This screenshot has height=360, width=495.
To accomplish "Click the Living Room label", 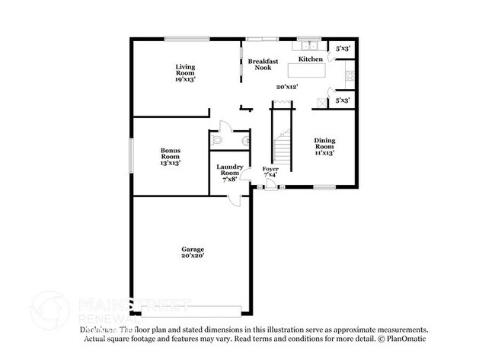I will tap(185, 72).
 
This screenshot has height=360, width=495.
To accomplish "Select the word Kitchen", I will tap(310, 59).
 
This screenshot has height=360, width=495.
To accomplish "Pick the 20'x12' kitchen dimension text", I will tap(286, 87).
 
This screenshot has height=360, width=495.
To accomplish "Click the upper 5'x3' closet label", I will tap(342, 48).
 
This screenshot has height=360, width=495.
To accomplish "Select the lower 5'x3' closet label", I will tap(342, 100).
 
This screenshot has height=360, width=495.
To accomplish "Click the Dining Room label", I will tap(324, 146).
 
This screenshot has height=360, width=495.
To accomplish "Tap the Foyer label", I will tap(270, 171).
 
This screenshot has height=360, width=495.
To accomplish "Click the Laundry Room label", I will tap(229, 173).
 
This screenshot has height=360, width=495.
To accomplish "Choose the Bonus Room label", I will tap(170, 156).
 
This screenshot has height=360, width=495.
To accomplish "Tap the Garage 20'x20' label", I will tap(192, 253).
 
